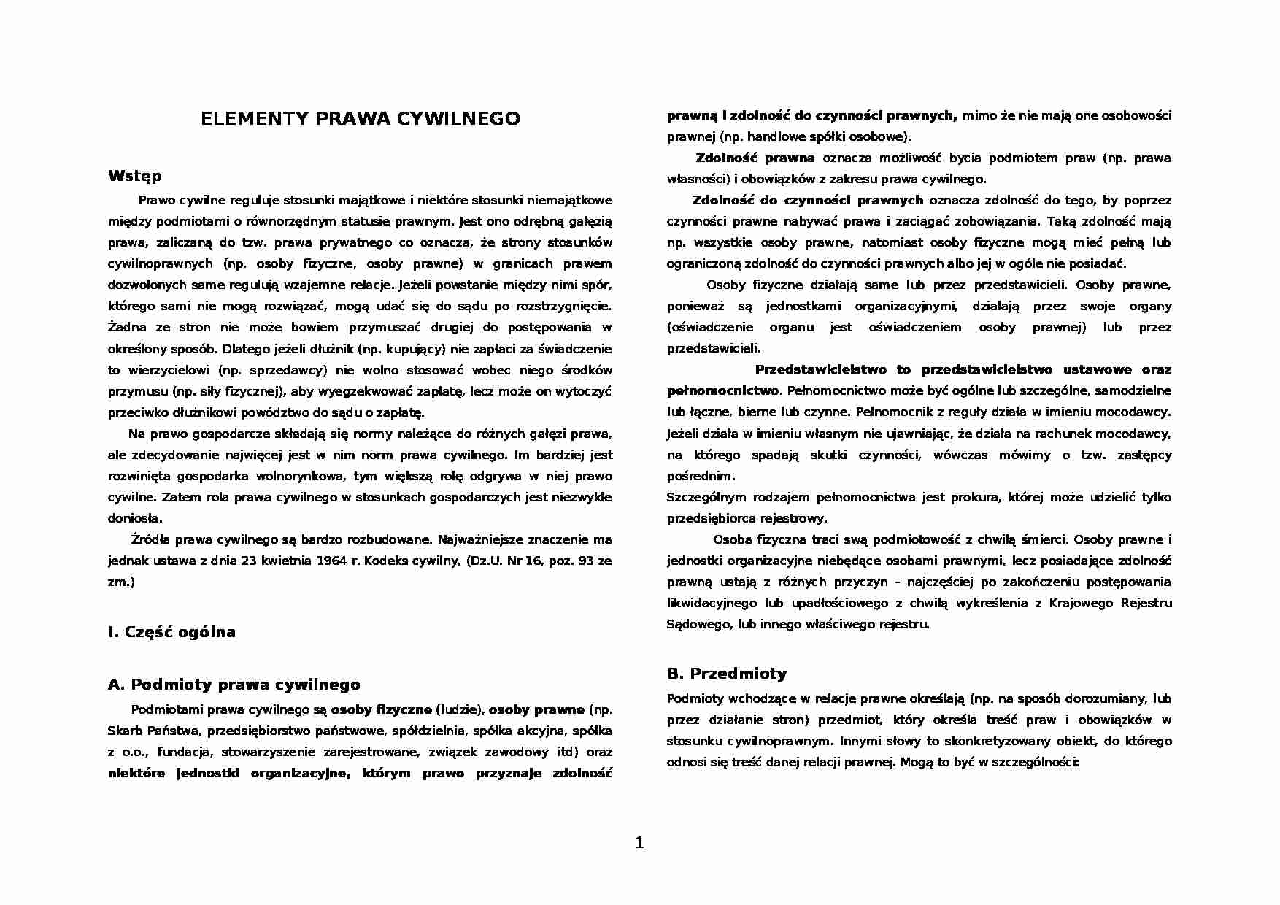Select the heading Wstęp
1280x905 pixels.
point(134,176)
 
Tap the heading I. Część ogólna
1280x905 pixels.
point(171,632)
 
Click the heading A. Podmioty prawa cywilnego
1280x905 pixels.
point(234,685)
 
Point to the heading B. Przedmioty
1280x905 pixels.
point(727,673)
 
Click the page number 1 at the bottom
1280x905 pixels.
point(640,843)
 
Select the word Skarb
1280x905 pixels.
point(123,731)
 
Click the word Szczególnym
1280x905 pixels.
point(706,498)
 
